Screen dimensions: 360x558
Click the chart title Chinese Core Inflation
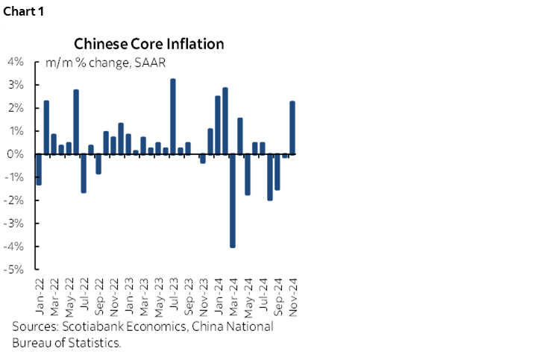(148, 44)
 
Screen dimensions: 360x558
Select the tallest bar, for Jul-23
(173, 116)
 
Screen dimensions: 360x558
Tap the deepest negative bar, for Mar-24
(232, 200)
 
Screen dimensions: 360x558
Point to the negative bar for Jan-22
(38, 169)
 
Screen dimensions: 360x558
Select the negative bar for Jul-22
(83, 173)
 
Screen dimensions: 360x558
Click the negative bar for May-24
(247, 174)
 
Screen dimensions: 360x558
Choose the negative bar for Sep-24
(277, 172)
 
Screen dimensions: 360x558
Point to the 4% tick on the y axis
(16, 62)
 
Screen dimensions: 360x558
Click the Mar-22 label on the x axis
(54, 296)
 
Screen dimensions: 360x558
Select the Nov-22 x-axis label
(113, 296)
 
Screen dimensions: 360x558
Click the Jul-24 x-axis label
(263, 296)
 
